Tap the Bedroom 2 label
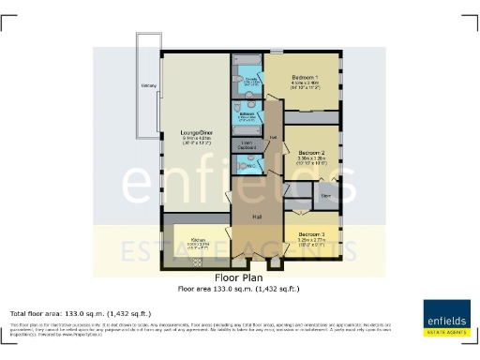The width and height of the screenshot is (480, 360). (311, 151)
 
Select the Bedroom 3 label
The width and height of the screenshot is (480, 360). (311, 233)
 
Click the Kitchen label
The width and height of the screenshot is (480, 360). (198, 240)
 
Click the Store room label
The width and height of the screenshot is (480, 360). (327, 196)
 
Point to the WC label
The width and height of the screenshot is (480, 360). (248, 165)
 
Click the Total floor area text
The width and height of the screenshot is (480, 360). (80, 313)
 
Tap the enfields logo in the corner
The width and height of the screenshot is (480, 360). (447, 317)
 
